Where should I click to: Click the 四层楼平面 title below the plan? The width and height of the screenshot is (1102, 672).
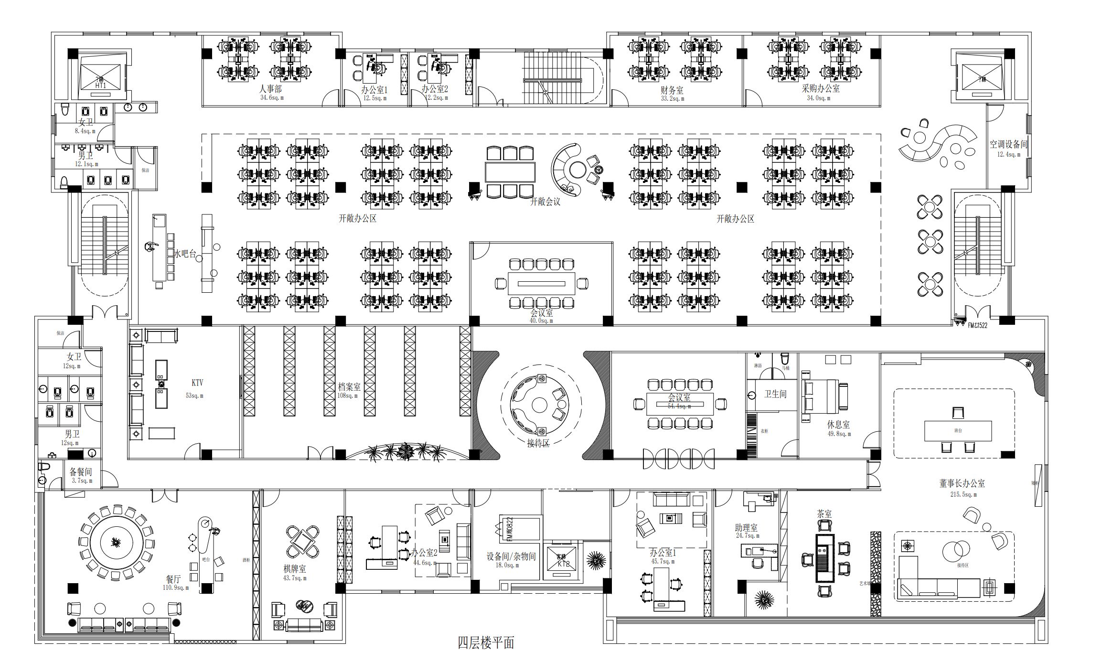[x=486, y=643]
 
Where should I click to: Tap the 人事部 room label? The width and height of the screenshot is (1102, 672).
[x=270, y=89]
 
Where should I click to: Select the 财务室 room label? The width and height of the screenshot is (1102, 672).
[x=672, y=90]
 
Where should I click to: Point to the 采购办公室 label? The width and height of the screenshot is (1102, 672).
[x=821, y=89]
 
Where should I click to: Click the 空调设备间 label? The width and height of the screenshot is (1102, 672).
[x=1008, y=144]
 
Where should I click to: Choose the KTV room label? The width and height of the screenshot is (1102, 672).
[x=197, y=383]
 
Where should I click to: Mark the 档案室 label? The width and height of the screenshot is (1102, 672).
[x=349, y=386]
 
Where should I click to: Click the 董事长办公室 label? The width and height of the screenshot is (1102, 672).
[x=962, y=483]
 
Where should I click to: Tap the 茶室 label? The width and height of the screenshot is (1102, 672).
[x=824, y=514]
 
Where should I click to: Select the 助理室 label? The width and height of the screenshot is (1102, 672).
[x=746, y=528]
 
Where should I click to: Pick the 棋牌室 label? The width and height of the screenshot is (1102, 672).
[x=295, y=569]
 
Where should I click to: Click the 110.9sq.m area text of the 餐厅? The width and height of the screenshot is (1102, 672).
[x=176, y=588]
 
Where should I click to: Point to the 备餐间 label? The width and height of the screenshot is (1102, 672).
[x=81, y=472]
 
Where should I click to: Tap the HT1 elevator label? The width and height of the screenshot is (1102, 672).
[x=100, y=85]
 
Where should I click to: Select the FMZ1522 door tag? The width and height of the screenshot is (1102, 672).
[x=977, y=325]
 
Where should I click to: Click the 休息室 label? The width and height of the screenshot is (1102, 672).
[x=838, y=424]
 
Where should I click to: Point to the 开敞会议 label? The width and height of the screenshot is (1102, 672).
[x=545, y=202]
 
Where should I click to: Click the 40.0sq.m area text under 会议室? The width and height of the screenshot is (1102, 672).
[x=541, y=321]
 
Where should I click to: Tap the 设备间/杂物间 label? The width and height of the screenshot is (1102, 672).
[x=511, y=556]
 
